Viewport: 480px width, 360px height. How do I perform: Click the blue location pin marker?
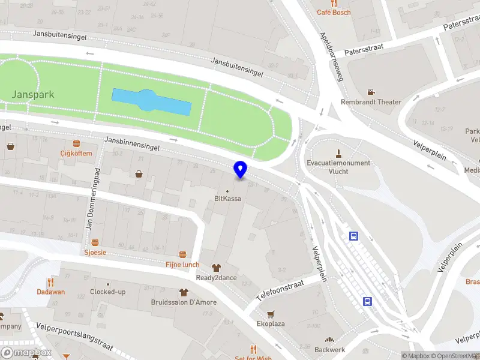241,170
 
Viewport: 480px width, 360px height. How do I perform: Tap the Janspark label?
33,94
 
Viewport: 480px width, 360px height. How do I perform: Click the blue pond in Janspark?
151,102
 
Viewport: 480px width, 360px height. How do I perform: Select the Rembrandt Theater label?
371,102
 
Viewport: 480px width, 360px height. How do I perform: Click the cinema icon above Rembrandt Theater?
371,92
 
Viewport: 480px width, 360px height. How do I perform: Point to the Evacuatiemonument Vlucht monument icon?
338,152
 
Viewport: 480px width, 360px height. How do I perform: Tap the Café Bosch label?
334,12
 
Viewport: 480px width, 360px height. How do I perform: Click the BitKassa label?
228,199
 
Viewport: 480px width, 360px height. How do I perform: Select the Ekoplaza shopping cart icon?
271,313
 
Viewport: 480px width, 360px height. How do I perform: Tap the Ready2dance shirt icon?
216,267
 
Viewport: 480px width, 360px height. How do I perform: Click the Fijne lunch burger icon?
182,254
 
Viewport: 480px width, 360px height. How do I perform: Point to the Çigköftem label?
76,153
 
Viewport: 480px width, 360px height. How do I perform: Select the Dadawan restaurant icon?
50,281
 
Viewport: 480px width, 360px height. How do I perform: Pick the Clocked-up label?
108,292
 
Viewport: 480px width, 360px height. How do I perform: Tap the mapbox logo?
26,353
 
